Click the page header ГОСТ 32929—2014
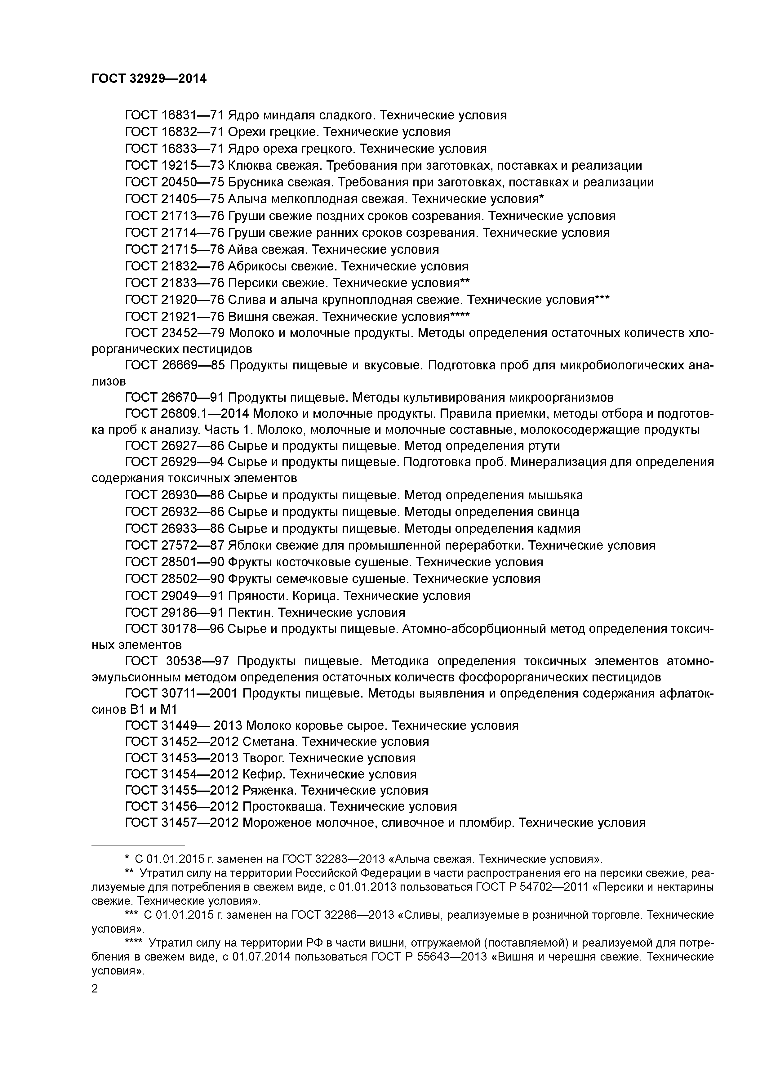tap(149, 79)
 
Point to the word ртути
tap(543, 446)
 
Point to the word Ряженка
tap(269, 790)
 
